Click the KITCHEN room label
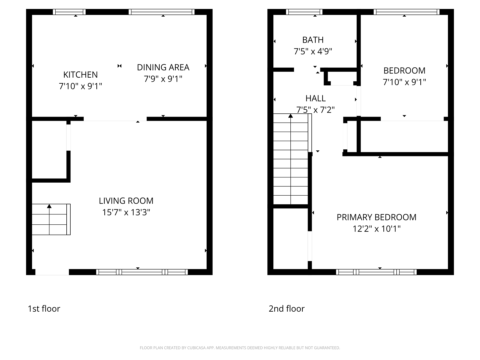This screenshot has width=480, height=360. pyautogui.click(x=80, y=75)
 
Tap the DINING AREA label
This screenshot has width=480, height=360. pyautogui.click(x=163, y=67)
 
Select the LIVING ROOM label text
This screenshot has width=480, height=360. pyautogui.click(x=126, y=201)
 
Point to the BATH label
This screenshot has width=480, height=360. pyautogui.click(x=313, y=40)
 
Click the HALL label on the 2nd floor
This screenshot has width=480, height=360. pyautogui.click(x=315, y=98)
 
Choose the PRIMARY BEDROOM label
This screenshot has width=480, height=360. pyautogui.click(x=376, y=217)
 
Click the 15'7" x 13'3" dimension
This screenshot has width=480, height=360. pyautogui.click(x=126, y=212)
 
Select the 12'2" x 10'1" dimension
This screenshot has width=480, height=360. pyautogui.click(x=376, y=229)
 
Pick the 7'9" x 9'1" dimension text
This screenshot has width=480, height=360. pyautogui.click(x=163, y=79)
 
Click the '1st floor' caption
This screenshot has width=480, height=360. pyautogui.click(x=44, y=309)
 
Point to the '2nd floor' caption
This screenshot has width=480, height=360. pyautogui.click(x=287, y=309)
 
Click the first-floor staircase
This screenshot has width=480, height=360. pyautogui.click(x=51, y=219)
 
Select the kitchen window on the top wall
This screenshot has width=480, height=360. pyautogui.click(x=69, y=12)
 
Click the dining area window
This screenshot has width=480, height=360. pyautogui.click(x=162, y=12)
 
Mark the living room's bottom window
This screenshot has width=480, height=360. pyautogui.click(x=142, y=272)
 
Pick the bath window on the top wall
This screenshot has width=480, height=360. pyautogui.click(x=304, y=12)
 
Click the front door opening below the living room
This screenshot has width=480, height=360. pyautogui.click(x=52, y=272)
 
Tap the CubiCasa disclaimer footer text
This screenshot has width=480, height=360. pyautogui.click(x=240, y=348)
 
